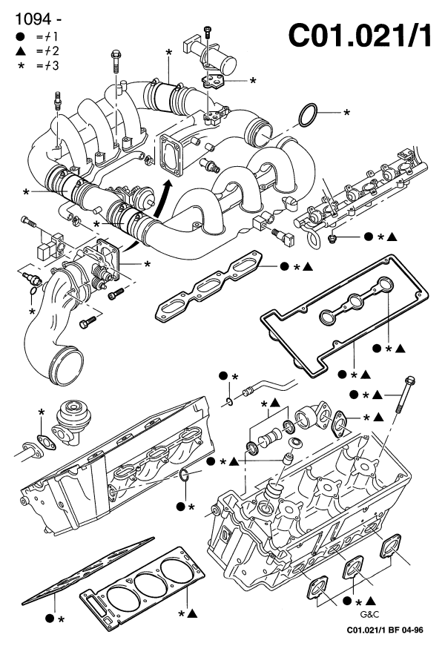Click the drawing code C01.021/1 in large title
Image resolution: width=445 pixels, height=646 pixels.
(359, 35)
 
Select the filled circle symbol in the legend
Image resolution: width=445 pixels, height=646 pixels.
(20, 36)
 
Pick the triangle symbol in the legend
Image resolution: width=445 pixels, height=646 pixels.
(20, 50)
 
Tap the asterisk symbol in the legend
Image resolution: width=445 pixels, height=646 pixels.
(20, 65)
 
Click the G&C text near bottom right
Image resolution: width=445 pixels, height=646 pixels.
(369, 615)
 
